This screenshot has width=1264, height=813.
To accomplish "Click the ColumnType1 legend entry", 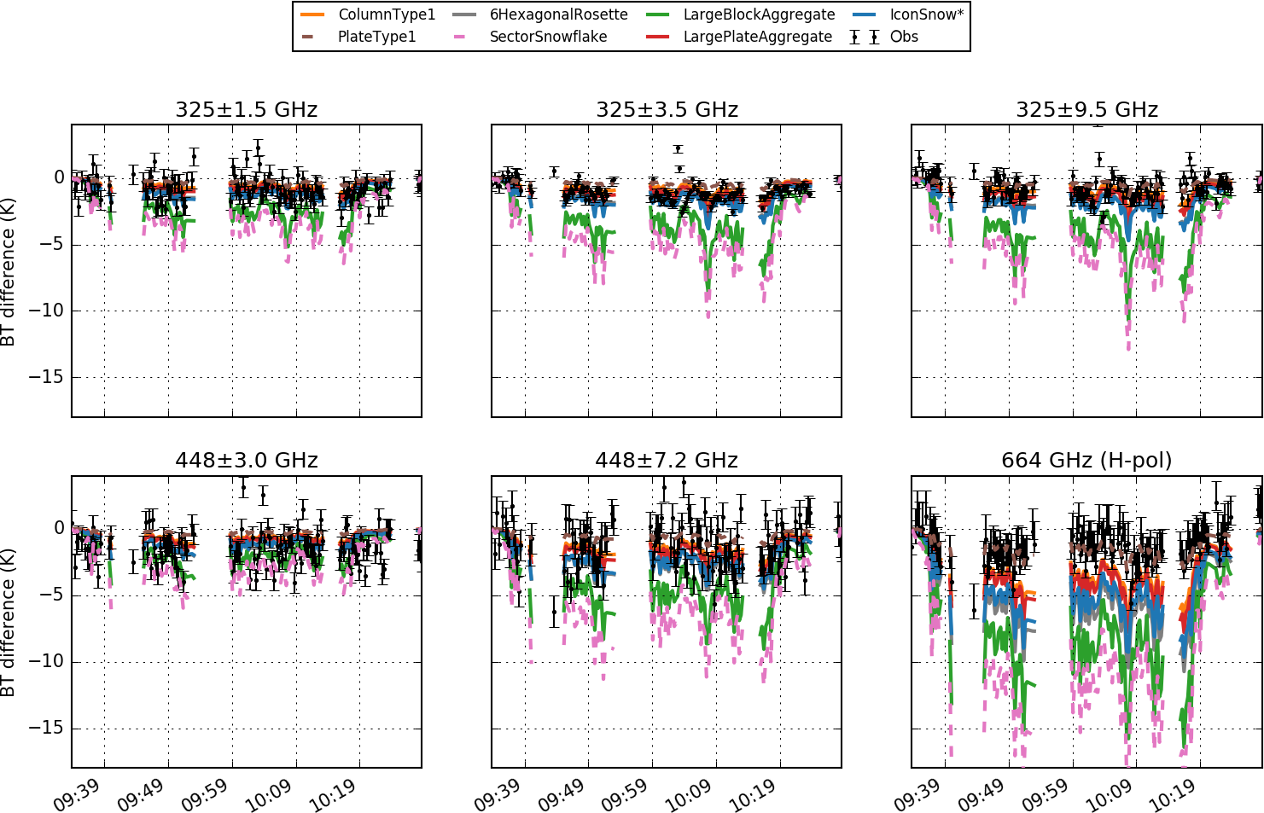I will (x=386, y=15).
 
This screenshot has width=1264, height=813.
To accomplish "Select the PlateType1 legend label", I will (x=376, y=37).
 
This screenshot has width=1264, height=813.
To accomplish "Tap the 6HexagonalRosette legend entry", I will (x=558, y=15).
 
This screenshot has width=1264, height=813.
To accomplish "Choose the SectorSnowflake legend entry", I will (x=548, y=37).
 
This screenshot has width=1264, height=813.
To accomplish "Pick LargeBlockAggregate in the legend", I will (x=759, y=15).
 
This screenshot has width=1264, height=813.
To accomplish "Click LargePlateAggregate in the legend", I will (x=757, y=37).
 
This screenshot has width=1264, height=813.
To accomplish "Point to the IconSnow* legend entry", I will (x=926, y=15).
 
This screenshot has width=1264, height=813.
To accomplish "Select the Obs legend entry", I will (x=904, y=37).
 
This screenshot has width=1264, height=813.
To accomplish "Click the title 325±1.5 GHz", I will (x=246, y=110).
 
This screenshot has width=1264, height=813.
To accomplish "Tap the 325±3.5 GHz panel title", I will (x=667, y=110).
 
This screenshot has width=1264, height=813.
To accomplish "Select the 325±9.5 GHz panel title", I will (x=1086, y=110).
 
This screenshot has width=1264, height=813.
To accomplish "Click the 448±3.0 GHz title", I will (x=246, y=461).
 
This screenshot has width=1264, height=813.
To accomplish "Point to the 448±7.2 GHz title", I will (x=667, y=461).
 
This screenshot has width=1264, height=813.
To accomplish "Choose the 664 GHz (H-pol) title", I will (x=1086, y=461).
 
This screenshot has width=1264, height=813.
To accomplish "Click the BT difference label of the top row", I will (x=9, y=271).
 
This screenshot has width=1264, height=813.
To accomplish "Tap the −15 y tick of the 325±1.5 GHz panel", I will (x=46, y=377).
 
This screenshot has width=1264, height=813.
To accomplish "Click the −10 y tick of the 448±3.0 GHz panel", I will (x=46, y=661).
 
